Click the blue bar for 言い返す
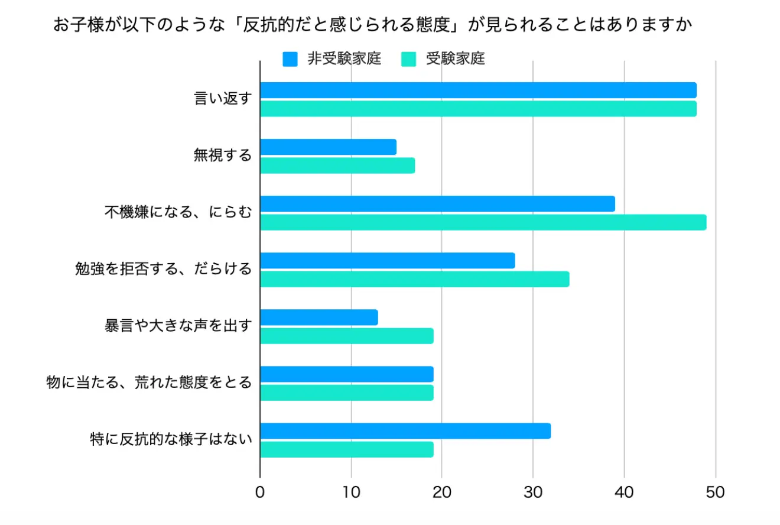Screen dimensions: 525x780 478,90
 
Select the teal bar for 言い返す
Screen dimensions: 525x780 478,109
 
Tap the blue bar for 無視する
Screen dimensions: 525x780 328,147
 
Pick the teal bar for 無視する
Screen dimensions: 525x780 337,166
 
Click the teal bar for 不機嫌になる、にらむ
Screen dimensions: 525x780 483,222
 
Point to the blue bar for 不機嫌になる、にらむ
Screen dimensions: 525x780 437,204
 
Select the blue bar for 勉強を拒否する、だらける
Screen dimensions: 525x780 387,261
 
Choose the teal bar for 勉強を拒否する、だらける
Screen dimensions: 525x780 414,279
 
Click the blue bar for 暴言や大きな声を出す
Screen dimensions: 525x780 319,317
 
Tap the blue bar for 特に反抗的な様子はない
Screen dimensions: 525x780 405,431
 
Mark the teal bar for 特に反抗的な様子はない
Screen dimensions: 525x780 346,449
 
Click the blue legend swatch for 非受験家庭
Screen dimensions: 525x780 290,60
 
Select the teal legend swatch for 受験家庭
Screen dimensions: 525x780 409,60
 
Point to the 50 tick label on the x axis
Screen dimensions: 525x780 715,492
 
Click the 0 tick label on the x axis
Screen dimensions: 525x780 260,492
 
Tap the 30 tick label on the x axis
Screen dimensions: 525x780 533,492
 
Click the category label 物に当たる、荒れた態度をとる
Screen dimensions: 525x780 149,383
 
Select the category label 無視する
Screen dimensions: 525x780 222,156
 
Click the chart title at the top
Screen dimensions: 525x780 372,25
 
